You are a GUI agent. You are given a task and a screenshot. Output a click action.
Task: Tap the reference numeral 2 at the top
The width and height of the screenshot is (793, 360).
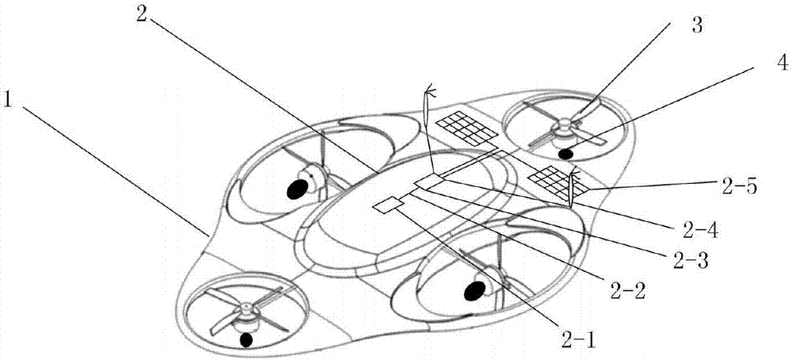coord(141,14)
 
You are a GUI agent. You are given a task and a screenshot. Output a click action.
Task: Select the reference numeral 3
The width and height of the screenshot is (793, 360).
coord(696,25)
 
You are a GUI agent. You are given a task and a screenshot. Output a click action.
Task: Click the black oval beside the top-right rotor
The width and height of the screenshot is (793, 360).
coord(565,153)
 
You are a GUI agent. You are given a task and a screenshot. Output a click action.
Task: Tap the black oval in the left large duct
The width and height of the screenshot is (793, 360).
coord(297,190)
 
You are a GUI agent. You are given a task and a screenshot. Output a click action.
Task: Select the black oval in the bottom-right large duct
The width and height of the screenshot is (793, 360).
coord(474,291)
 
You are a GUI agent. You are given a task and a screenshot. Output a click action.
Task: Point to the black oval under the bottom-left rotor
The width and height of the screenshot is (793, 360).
coord(247,339)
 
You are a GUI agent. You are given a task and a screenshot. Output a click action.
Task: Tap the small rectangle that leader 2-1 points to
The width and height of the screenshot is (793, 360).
coord(388,205)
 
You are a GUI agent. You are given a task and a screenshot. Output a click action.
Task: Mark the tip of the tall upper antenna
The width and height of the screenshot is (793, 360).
coord(429,86)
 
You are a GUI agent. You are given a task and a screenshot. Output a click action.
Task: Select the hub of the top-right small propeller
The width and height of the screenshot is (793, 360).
coord(563,124)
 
